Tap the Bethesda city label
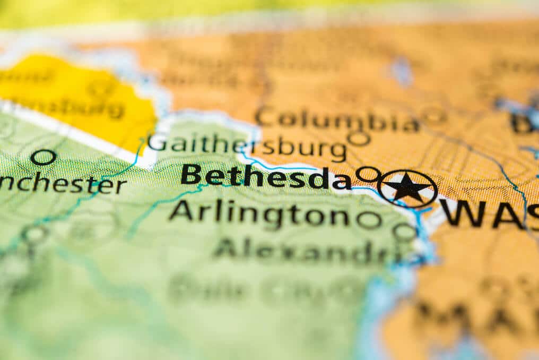[x=266, y=176]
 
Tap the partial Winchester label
[x=63, y=184]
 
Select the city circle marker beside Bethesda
[x=368, y=174]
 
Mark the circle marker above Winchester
[x=43, y=157]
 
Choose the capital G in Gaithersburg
[x=157, y=142]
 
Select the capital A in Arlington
[x=181, y=211]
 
